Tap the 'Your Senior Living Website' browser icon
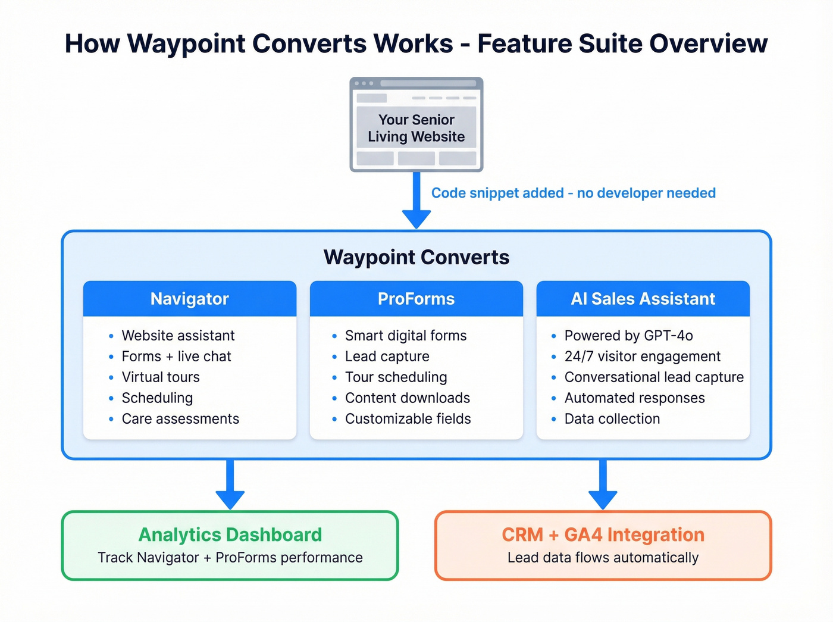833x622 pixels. point(416,124)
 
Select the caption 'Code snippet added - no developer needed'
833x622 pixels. point(573,193)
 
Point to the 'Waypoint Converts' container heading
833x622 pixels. point(416,257)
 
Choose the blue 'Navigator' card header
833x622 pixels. point(189,299)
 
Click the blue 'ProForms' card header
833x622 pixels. point(416,299)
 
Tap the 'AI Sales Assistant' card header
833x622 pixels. point(643,299)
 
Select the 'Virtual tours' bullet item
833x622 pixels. point(161,377)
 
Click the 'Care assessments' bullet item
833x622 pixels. point(180,419)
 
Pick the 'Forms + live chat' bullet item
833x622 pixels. point(176,357)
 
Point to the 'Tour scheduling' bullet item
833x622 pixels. point(396,377)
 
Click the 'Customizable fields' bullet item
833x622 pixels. point(408,419)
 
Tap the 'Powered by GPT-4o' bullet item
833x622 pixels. point(628,336)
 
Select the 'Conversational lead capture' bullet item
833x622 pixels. point(654,377)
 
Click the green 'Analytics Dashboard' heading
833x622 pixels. point(230,535)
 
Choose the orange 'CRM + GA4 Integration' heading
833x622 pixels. point(603,535)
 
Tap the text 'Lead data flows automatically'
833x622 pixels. point(603,558)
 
